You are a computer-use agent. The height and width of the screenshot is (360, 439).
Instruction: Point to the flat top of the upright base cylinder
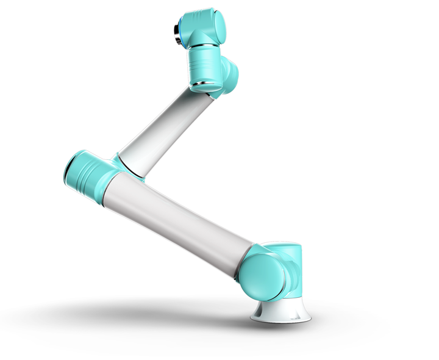[x=283, y=245]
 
